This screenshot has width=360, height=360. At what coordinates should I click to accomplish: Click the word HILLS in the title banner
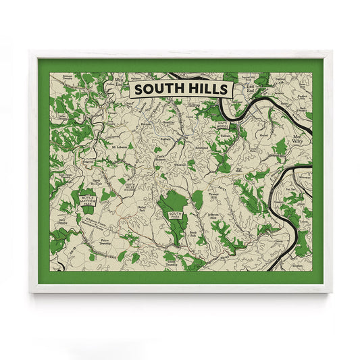[x=207, y=88]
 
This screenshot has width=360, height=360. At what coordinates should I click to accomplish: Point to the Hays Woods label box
[x=225, y=125]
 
